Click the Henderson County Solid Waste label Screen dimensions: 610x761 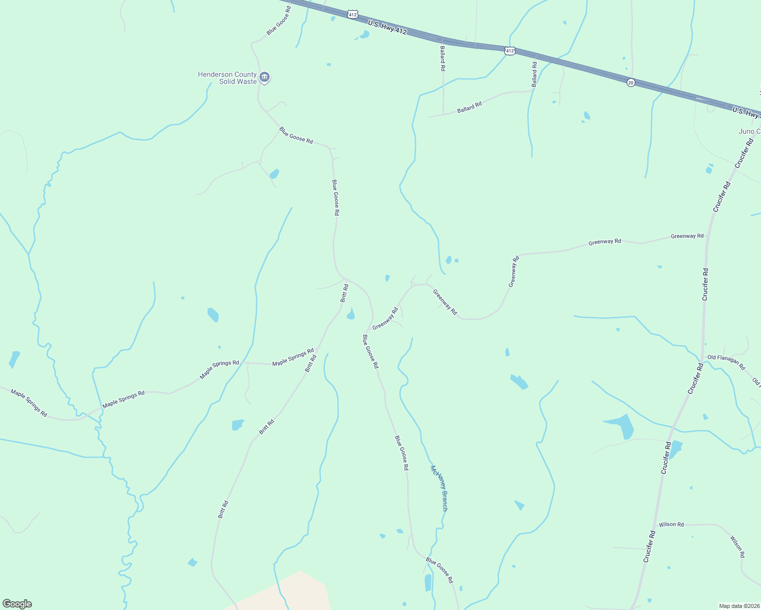click(227, 78)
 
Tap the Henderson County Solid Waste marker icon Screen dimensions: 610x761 click(264, 77)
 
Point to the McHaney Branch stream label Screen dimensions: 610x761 click(440, 488)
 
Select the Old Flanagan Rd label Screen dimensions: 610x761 click(726, 361)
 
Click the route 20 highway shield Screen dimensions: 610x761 click(631, 82)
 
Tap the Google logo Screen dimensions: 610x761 click(17, 604)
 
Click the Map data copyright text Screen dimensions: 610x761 click(739, 606)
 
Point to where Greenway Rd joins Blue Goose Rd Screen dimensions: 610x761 click(367, 333)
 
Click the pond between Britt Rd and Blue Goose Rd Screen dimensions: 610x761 click(350, 315)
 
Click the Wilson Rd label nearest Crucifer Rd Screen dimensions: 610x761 click(671, 524)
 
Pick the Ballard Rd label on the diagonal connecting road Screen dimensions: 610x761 click(469, 108)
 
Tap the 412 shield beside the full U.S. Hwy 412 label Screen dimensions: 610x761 click(353, 15)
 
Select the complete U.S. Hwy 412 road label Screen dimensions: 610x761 click(387, 27)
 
